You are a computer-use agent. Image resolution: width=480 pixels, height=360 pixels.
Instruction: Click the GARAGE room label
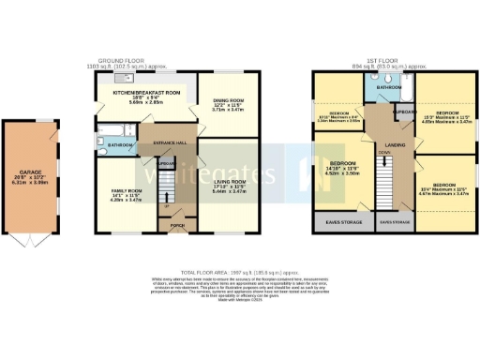point(31,174)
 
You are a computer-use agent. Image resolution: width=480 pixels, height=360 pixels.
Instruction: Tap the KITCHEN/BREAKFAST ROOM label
point(145,94)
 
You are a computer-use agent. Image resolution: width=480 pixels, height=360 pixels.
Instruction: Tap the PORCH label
point(177,225)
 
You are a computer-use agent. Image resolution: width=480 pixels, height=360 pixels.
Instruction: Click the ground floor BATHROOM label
point(120,146)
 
